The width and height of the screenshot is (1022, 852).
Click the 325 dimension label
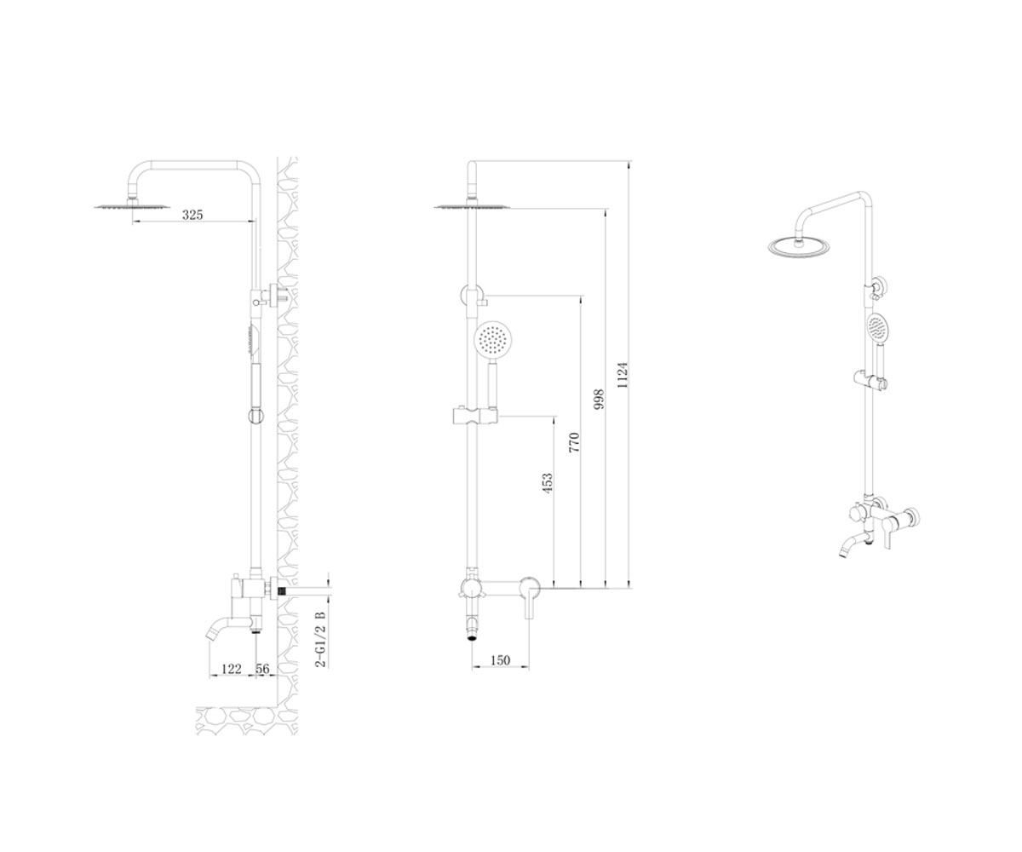[x=192, y=215]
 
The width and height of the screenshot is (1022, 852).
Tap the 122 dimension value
[x=231, y=669]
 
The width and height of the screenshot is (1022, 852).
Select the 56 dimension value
[x=262, y=669]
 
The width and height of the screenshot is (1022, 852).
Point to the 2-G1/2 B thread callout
[x=320, y=639]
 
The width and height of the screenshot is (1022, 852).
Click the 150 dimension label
[x=500, y=660]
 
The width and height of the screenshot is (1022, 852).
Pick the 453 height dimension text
[x=548, y=483]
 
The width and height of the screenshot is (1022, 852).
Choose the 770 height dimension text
[x=574, y=443]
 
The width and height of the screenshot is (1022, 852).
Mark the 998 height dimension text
[x=599, y=400]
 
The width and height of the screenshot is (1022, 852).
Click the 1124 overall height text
[x=622, y=375]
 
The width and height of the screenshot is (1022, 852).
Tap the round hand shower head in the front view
[x=493, y=339]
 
